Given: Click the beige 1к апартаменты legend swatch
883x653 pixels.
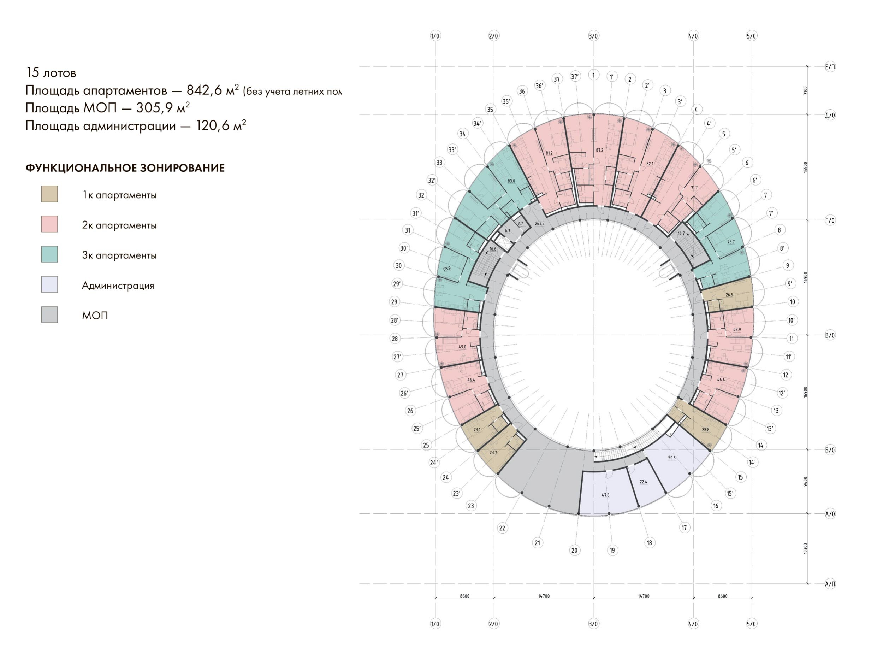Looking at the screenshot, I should pos(49,194).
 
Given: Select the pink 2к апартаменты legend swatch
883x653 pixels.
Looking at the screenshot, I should pos(49,224).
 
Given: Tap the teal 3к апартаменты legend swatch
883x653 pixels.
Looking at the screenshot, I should pos(49,254).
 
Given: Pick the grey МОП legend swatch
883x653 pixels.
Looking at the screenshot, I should pos(49,314).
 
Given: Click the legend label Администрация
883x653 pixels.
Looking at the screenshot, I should pos(118,286).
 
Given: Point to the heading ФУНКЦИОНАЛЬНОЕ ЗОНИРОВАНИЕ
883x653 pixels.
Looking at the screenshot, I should pos(125,168).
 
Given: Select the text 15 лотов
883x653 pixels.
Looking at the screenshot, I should pos(51,73).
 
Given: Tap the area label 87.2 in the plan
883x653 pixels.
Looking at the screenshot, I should pos(599,150).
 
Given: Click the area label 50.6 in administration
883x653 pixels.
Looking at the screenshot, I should pos(672,458).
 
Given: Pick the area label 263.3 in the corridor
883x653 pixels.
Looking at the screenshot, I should pos(539,223).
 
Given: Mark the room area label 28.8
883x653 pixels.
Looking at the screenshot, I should pos(706,430).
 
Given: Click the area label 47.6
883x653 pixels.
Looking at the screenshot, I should pos(606,495).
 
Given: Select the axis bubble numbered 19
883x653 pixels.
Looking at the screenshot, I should pos(612,550).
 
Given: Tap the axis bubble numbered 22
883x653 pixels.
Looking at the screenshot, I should pos(502,528).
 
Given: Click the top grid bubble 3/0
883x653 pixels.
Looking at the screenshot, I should pos(593,36).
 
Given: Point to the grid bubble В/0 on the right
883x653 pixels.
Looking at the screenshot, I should pos(830,335).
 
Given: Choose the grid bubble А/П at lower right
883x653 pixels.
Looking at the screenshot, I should pos(830,584).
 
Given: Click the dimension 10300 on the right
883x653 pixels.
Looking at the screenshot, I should pos(805,548).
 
